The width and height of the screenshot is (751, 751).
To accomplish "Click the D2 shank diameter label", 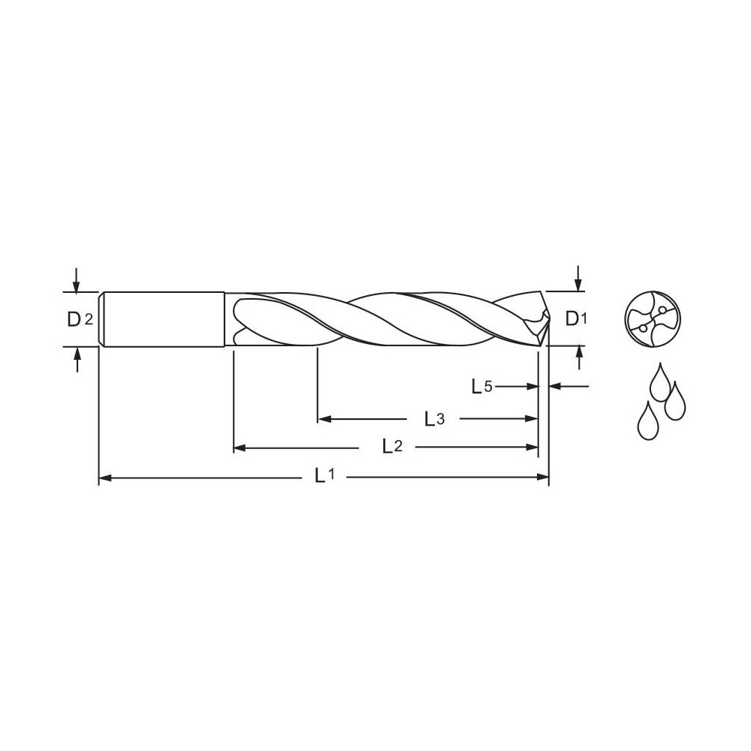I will pyautogui.click(x=80, y=319).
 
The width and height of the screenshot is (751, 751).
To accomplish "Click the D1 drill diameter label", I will pyautogui.click(x=575, y=319).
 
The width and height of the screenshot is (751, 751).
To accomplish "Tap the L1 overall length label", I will pyautogui.click(x=324, y=475).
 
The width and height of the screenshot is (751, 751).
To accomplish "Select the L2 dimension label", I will pyautogui.click(x=393, y=447).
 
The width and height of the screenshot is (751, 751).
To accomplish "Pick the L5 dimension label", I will pyautogui.click(x=481, y=387).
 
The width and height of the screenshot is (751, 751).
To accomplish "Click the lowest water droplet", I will pyautogui.click(x=647, y=422).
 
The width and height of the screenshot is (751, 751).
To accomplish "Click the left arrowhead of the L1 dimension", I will pyautogui.click(x=105, y=477).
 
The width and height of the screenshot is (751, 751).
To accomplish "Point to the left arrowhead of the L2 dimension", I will pyautogui.click(x=240, y=448).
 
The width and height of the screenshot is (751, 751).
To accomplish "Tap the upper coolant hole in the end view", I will pyautogui.click(x=662, y=309).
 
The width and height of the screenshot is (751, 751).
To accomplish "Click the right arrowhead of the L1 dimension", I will pyautogui.click(x=544, y=477).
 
